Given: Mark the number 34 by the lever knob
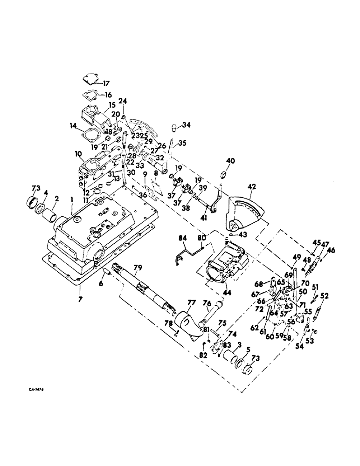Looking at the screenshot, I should pyautogui.click(x=187, y=124).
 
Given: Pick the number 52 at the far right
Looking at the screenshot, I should pyautogui.click(x=325, y=295).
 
